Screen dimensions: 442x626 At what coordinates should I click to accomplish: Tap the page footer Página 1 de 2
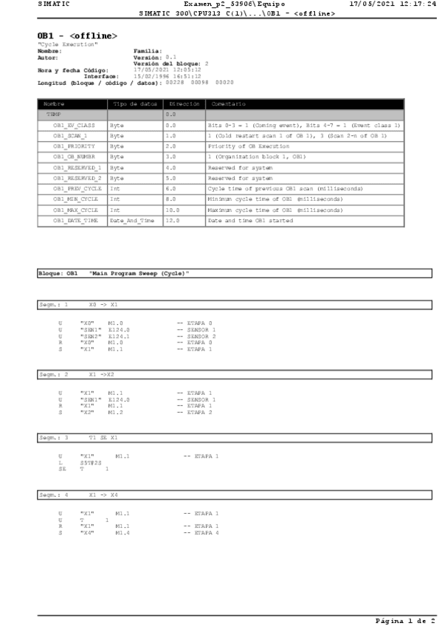(x=407, y=621)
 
